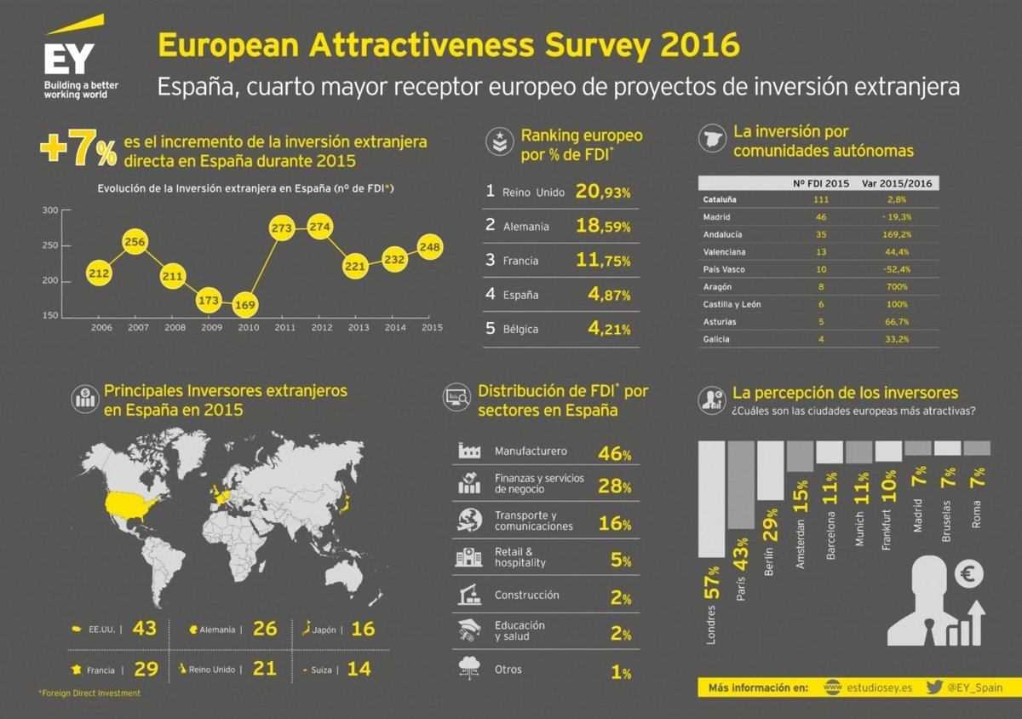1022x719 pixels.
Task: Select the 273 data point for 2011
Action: pyautogui.click(x=282, y=228)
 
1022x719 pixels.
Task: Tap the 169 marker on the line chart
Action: pyautogui.click(x=246, y=303)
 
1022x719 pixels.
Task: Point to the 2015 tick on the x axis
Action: pyautogui.click(x=432, y=327)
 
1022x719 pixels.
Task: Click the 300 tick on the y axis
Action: pyautogui.click(x=49, y=210)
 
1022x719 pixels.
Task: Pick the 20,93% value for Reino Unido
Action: pyautogui.click(x=603, y=192)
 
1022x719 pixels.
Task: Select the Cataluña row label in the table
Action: pyautogui.click(x=721, y=199)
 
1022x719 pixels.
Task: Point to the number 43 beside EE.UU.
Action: pyautogui.click(x=145, y=629)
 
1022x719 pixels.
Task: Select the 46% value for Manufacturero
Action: pyautogui.click(x=614, y=454)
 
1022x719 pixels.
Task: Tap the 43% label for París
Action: pyautogui.click(x=741, y=552)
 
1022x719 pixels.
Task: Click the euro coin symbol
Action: pyautogui.click(x=968, y=573)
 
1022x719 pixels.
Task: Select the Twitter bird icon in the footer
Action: pyautogui.click(x=933, y=687)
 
